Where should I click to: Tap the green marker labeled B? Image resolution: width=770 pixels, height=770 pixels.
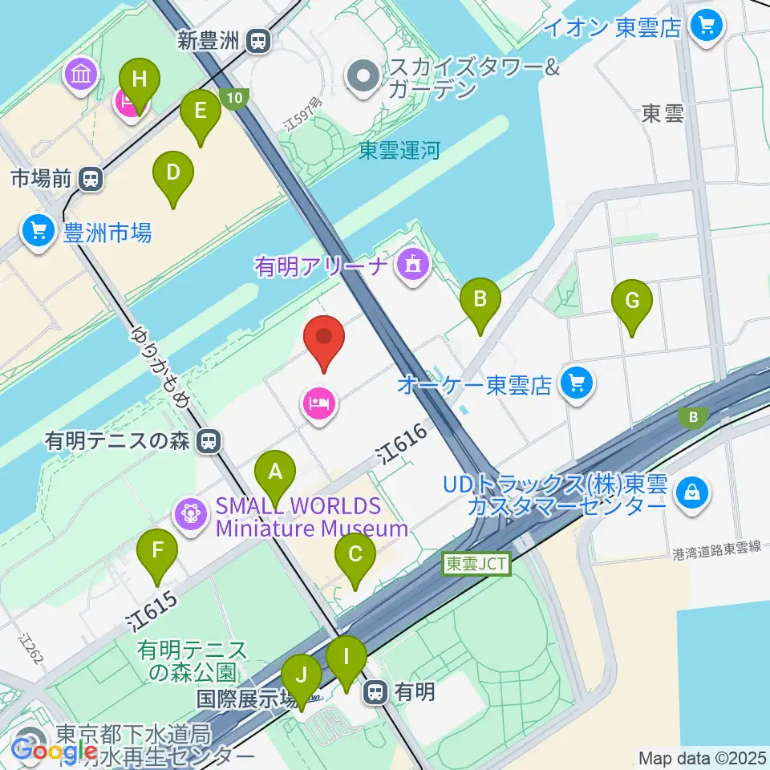(480, 302)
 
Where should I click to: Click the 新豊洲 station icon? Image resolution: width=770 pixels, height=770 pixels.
(258, 40)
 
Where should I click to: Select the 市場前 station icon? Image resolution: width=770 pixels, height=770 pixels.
(91, 178)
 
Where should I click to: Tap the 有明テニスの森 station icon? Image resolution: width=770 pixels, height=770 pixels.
(209, 440)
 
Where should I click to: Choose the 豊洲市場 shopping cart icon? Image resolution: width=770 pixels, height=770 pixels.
(38, 233)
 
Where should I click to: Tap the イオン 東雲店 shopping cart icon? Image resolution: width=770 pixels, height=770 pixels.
(707, 26)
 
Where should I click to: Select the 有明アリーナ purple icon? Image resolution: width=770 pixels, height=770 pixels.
(413, 264)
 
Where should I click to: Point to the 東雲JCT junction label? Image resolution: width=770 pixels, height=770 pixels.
(476, 564)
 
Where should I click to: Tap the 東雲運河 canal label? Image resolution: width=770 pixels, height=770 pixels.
(399, 151)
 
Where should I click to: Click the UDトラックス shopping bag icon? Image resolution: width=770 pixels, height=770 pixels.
(689, 488)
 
